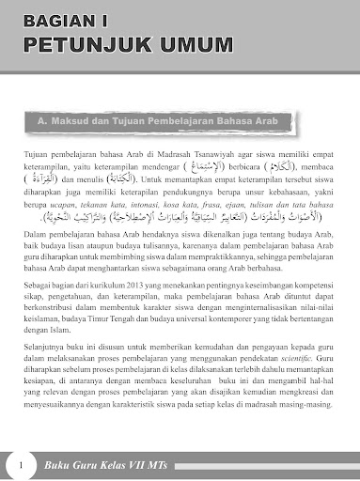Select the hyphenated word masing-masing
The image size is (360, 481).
299,426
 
